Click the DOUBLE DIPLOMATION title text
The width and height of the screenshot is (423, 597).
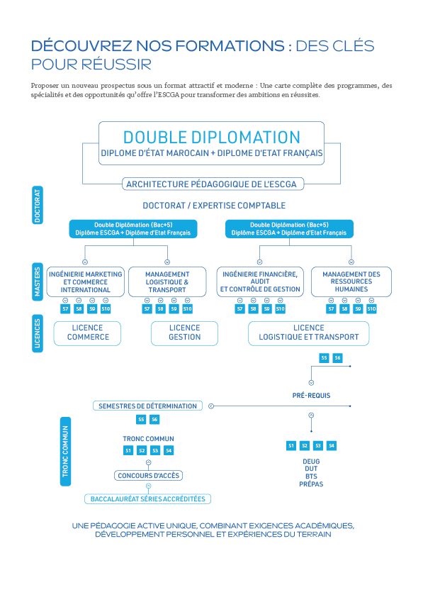211,137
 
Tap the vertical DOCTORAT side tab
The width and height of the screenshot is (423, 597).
38,205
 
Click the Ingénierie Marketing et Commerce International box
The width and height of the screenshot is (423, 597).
86,281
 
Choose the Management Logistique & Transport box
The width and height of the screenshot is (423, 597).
167,281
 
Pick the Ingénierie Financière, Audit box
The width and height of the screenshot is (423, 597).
260,281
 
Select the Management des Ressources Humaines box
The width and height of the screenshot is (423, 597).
351,281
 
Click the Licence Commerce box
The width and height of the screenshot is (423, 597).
87,333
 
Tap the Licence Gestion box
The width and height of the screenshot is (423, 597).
184,333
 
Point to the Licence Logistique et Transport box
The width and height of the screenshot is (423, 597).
308,333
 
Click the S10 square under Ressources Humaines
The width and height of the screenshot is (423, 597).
371,308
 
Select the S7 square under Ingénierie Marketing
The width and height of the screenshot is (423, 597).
65,308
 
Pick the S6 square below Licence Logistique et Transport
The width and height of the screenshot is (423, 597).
337,358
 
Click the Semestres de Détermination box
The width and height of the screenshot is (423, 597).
147,406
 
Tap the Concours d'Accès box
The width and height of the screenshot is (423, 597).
148,476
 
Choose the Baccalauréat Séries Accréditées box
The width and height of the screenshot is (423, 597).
147,498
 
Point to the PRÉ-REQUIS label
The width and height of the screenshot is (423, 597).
311,396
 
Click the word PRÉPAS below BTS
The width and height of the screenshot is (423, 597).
311,484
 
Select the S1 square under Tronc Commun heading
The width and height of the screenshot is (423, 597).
128,451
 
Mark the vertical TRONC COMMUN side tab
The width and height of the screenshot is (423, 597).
65,452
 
